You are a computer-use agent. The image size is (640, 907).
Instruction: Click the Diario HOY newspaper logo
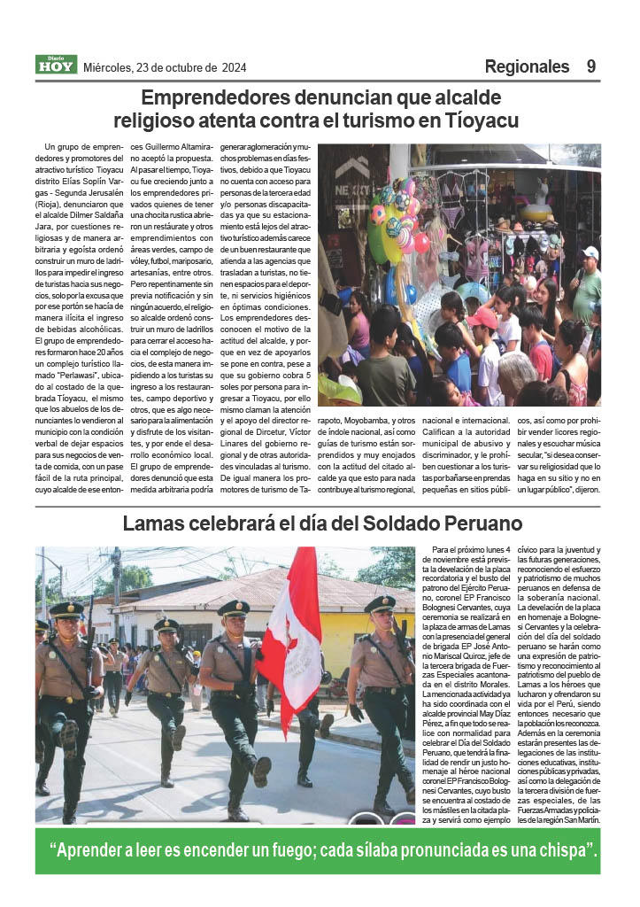click(56, 65)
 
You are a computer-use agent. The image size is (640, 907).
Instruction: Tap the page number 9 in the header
click(590, 66)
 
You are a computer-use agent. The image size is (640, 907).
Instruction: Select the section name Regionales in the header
click(527, 66)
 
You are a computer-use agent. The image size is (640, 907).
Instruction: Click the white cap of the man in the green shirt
click(590, 253)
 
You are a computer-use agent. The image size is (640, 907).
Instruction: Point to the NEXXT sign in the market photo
click(351, 189)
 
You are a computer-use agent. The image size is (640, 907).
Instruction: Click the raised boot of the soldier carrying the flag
click(260, 770)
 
